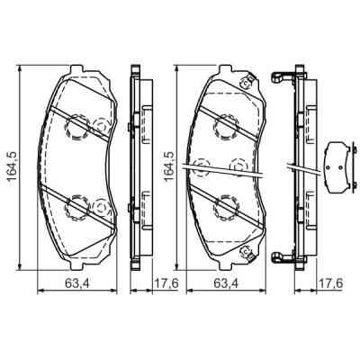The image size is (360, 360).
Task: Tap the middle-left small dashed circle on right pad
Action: (x=202, y=167)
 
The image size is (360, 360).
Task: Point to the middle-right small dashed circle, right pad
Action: (x=238, y=166)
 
